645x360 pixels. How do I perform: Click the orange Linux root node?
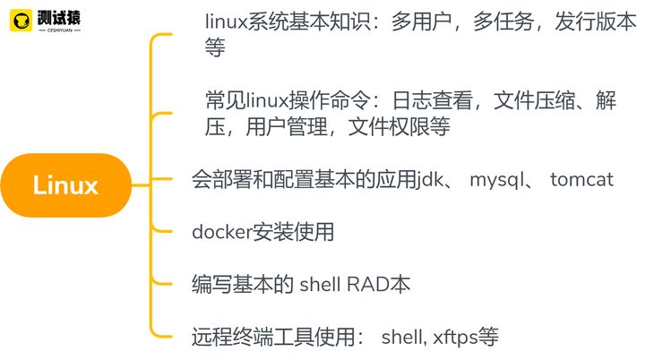[65, 185]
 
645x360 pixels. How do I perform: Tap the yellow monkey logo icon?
[21, 21]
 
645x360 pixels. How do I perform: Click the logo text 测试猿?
[59, 17]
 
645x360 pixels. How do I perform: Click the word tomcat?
[581, 179]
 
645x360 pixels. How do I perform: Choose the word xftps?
[455, 338]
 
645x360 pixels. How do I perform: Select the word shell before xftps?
[402, 338]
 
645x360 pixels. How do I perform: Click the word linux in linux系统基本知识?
[226, 21]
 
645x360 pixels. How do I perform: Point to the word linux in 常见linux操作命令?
[267, 100]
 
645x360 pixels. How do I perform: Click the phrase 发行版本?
[595, 21]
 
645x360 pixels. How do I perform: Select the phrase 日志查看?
[432, 100]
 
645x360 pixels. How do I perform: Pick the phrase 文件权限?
[389, 127]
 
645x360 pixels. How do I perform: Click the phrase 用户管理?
[287, 127]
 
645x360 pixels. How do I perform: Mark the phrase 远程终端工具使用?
[273, 338]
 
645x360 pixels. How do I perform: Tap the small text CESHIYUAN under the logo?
[60, 30]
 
